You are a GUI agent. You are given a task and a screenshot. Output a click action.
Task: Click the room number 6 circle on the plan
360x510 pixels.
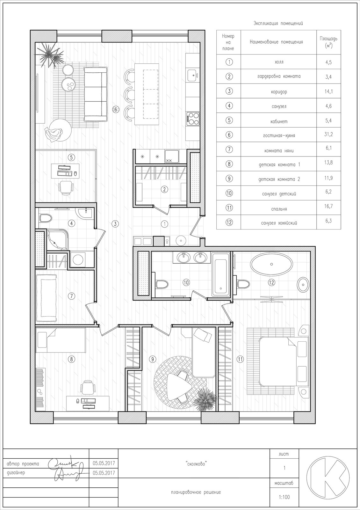pos(116,110)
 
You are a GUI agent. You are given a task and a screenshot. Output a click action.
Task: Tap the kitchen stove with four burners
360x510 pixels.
pos(193,118)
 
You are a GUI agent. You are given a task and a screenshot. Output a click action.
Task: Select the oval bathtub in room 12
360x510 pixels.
pos(271,264)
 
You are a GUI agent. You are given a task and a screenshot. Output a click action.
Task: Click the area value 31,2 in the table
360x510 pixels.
pos(329,134)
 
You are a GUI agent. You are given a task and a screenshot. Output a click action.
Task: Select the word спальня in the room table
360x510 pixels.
pos(279,209)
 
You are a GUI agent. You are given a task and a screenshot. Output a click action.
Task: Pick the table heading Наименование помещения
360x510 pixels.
pos(277,42)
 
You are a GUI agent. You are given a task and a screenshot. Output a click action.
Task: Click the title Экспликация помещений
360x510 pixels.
pos(278,23)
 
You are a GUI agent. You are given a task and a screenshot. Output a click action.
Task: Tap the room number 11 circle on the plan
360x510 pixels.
pos(240,359)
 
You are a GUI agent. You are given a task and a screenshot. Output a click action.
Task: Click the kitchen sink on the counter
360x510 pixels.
pos(193,75)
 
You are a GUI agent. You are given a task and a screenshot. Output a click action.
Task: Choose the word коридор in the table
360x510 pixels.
pos(279,92)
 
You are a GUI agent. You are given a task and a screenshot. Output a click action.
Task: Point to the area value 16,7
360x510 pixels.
pos(329,206)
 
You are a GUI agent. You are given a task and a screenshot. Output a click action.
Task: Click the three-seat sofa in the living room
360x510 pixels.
pos(96,94)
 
